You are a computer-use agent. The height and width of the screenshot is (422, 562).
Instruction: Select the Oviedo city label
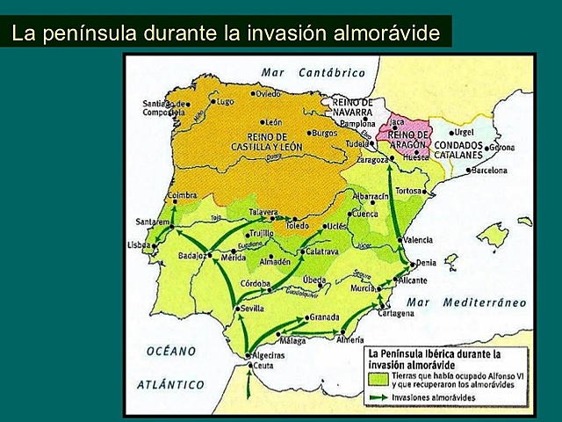tap(269, 93)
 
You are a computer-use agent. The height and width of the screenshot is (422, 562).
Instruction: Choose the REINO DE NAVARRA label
tap(353, 108)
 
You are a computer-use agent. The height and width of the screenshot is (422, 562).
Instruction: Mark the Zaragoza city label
tap(371, 161)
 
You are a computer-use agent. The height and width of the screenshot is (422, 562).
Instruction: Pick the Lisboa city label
tap(140, 245)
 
